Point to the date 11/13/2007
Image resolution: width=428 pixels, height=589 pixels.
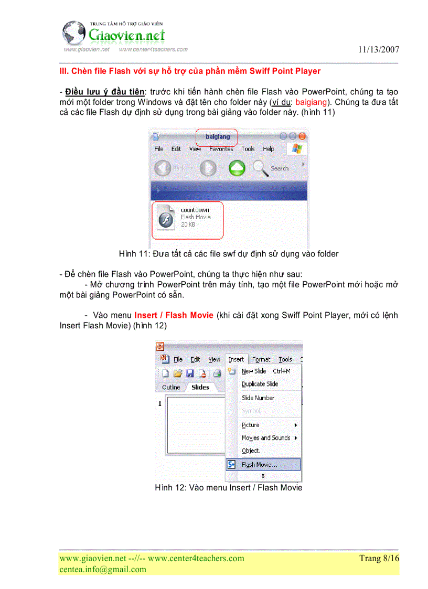click(379, 50)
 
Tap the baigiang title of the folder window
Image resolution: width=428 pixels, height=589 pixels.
click(217, 137)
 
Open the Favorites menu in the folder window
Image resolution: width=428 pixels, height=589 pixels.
click(221, 149)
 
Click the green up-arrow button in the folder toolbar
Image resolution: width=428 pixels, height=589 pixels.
click(237, 168)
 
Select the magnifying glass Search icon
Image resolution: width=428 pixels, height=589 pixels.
click(261, 168)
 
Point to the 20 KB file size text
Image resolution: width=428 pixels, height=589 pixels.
click(188, 224)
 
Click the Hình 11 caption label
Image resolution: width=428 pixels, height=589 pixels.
click(135, 254)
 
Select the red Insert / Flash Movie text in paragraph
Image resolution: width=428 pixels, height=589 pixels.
click(174, 315)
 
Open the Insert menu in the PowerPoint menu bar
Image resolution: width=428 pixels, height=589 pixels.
click(236, 359)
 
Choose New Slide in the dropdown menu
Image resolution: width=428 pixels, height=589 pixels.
click(254, 371)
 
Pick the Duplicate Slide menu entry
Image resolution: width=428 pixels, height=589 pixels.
click(260, 384)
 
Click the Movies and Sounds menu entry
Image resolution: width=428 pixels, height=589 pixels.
click(265, 437)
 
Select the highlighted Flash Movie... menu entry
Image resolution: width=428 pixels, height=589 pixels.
click(259, 465)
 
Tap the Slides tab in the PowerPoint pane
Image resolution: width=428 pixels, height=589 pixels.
click(200, 388)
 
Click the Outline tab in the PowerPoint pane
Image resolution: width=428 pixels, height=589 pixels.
click(171, 388)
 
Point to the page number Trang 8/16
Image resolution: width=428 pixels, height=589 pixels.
click(379, 558)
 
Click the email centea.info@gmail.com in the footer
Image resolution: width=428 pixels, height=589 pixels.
click(103, 569)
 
